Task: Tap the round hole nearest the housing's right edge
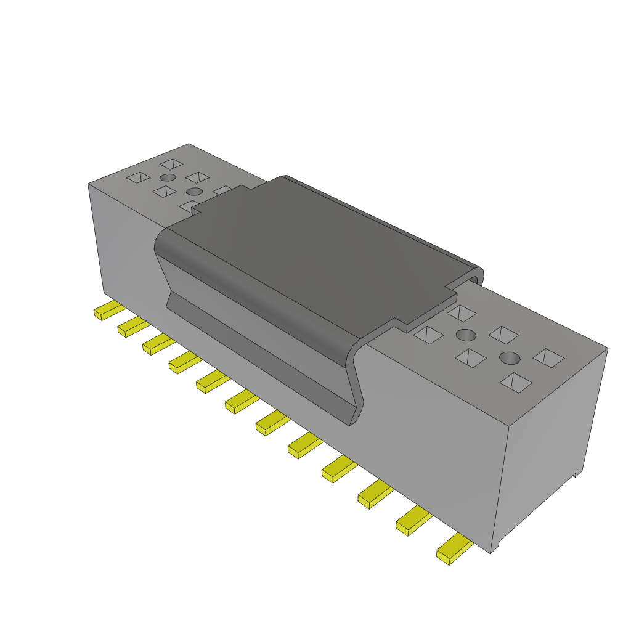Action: (x=509, y=357)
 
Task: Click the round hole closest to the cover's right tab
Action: (x=466, y=335)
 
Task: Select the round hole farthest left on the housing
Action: (x=166, y=178)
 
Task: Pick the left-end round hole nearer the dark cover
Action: (x=193, y=191)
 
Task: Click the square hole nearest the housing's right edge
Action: (x=548, y=358)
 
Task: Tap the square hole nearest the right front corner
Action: (x=516, y=382)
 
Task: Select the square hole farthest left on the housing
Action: (x=138, y=177)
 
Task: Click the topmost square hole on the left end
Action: (x=171, y=164)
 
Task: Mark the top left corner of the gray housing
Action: (x=89, y=184)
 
